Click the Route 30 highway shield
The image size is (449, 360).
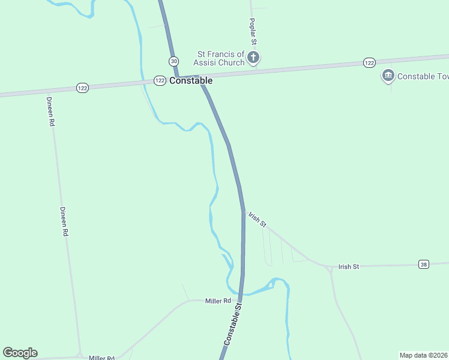pyautogui.click(x=173, y=61)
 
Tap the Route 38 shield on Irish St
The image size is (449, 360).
pyautogui.click(x=424, y=265)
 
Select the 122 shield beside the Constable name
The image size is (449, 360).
pyautogui.click(x=159, y=80)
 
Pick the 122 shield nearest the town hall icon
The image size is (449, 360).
pyautogui.click(x=369, y=63)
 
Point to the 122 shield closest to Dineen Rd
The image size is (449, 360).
pyautogui.click(x=82, y=88)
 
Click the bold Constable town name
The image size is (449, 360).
pyautogui.click(x=191, y=80)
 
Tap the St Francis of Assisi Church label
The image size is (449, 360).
pyautogui.click(x=218, y=58)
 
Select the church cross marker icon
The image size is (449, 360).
pyautogui.click(x=253, y=58)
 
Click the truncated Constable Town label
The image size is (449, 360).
pyautogui.click(x=423, y=76)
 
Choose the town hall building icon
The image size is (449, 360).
pyautogui.click(x=388, y=76)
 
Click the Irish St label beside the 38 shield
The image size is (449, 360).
pyautogui.click(x=348, y=266)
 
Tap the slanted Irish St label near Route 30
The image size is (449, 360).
pyautogui.click(x=258, y=220)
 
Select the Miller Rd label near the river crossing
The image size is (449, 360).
pyautogui.click(x=218, y=301)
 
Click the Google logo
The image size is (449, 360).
pyautogui.click(x=20, y=353)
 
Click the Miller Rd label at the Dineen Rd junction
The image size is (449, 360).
pyautogui.click(x=101, y=358)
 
